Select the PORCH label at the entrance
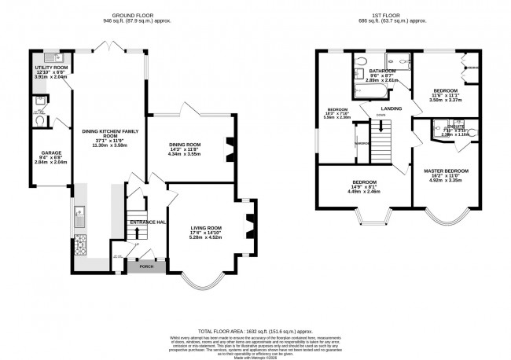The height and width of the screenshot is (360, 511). (146, 266)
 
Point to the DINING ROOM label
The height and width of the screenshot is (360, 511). (186, 144)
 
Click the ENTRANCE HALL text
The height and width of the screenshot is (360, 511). (147, 222)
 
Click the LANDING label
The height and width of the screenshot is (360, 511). (392, 109)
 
